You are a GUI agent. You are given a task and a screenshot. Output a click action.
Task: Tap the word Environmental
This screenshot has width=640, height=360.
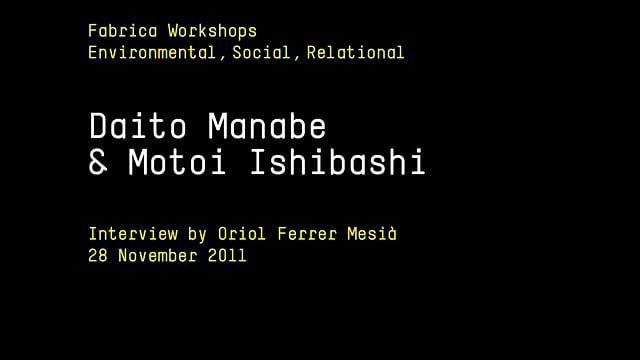click(151, 52)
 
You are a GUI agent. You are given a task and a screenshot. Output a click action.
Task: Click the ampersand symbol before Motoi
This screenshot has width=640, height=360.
click(98, 163)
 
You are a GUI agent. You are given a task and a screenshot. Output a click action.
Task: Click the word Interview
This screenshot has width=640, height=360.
click(133, 234)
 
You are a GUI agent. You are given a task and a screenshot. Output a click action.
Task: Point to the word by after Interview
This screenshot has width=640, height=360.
click(198, 235)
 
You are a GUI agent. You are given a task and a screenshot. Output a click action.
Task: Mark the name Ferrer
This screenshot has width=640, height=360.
click(306, 234)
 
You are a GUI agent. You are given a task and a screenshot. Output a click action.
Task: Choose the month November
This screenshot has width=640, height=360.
click(159, 255)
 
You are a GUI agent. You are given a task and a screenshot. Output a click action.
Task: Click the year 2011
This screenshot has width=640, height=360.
click(229, 255)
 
